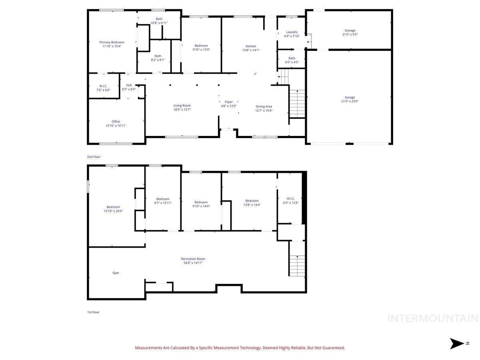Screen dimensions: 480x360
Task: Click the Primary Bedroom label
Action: (x=112, y=42)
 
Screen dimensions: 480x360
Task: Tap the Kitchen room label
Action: (x=251, y=46)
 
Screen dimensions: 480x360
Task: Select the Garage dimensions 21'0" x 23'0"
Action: (x=350, y=101)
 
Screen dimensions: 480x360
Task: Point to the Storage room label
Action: (x=350, y=30)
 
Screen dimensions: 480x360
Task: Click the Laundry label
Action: (x=292, y=32)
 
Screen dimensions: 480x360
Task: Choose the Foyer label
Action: (x=228, y=102)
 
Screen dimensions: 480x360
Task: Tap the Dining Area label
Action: (x=264, y=106)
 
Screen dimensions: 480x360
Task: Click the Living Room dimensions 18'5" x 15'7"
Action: (x=182, y=110)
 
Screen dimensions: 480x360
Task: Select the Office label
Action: (x=116, y=122)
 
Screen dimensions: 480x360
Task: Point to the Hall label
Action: (x=129, y=85)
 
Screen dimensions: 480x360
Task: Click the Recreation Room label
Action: (x=193, y=259)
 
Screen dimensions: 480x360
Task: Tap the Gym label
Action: (x=116, y=273)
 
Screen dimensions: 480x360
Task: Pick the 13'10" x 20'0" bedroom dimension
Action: (x=113, y=211)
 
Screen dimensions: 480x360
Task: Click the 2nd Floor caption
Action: (x=94, y=157)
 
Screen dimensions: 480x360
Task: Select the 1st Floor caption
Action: (x=93, y=312)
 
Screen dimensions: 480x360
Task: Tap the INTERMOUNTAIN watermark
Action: (x=432, y=318)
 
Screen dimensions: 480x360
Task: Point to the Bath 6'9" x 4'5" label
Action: (x=292, y=60)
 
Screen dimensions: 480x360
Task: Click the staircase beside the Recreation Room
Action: (x=297, y=266)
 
